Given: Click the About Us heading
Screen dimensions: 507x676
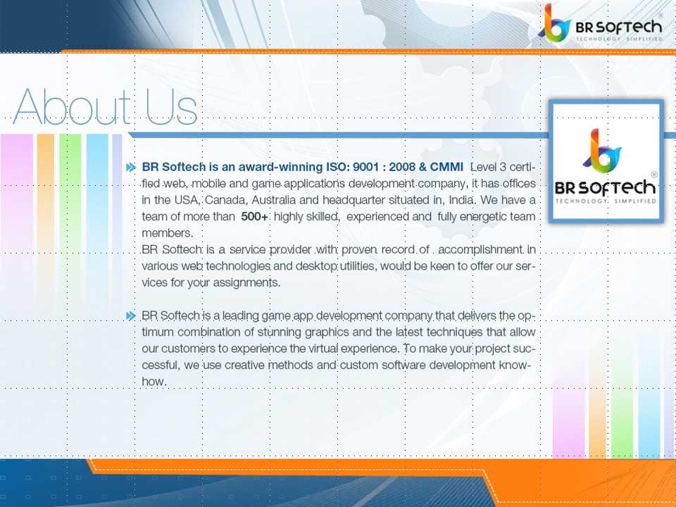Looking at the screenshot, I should coord(106,107).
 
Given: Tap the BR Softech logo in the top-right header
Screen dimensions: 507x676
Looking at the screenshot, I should coord(603,24).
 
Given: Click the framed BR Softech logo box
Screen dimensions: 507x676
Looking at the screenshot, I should coord(606,162).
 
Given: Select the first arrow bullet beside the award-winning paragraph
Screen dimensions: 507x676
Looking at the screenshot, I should coord(130,168).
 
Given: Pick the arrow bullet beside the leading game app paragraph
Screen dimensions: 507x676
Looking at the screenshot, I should coord(130,315).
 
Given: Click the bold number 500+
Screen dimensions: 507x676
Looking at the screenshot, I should coord(254,217).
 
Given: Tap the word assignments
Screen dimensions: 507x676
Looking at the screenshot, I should coord(244,282).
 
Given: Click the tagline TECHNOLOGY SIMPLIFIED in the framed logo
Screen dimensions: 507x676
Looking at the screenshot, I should coord(606,202).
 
